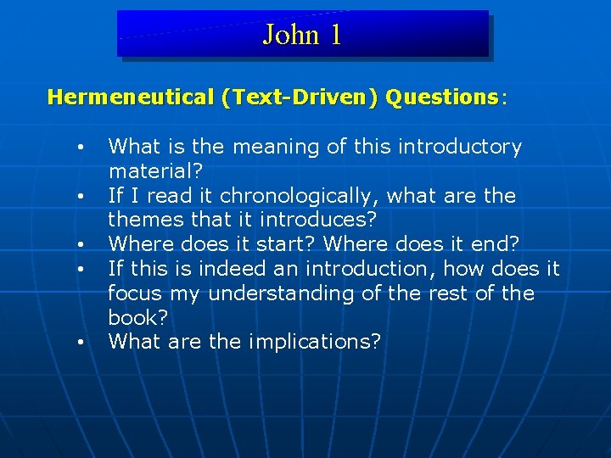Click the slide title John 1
[302, 35]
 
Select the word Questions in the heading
[441, 97]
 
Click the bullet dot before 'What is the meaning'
[79, 148]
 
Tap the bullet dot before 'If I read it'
[79, 197]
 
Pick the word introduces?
[325, 220]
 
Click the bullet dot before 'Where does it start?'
[79, 246]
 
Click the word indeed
[221, 269]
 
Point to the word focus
[136, 293]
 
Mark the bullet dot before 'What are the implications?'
[79, 343]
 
